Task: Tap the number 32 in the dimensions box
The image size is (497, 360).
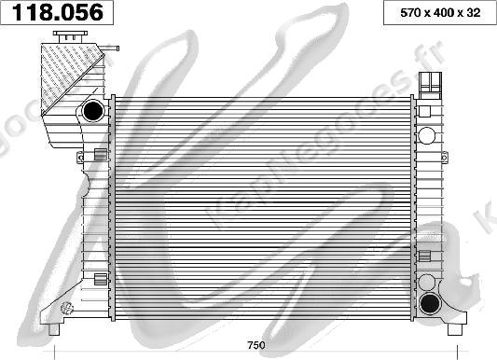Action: (x=476, y=13)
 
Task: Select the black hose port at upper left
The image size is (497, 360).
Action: (x=93, y=111)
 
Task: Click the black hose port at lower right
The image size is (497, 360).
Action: (x=431, y=303)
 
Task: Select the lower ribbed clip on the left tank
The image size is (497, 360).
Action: (x=100, y=278)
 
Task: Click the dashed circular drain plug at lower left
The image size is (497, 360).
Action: (x=66, y=309)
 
